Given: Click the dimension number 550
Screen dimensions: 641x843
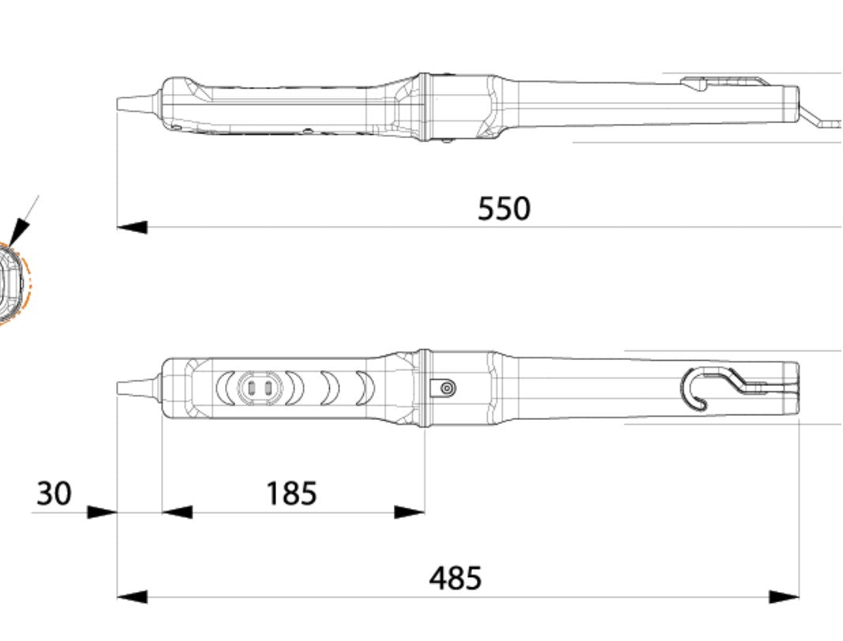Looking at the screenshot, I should [x=504, y=209].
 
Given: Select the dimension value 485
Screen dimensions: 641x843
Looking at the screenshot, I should [x=455, y=579].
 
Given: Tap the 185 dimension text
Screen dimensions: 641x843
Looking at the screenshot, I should [x=291, y=494].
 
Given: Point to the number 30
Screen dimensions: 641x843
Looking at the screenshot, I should [x=54, y=494].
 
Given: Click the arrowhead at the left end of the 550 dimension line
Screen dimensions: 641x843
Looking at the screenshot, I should [x=132, y=227].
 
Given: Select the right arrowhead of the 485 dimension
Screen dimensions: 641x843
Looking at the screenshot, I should [x=784, y=597].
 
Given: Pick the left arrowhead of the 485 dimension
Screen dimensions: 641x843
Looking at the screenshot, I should [x=132, y=597].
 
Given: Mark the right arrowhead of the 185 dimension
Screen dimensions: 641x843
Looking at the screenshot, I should [x=410, y=512].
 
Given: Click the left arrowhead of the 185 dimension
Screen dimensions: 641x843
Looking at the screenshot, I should [x=177, y=512].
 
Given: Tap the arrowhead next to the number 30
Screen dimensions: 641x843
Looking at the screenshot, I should [x=102, y=512].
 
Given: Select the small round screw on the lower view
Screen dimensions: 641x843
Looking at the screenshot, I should [x=448, y=388].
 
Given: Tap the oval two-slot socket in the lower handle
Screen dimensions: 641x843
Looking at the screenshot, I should [x=259, y=388].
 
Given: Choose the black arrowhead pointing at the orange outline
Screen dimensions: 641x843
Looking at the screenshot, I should [x=19, y=231].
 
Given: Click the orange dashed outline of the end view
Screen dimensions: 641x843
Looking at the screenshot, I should [x=28, y=284].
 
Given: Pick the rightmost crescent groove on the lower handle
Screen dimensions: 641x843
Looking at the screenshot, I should [x=364, y=388].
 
